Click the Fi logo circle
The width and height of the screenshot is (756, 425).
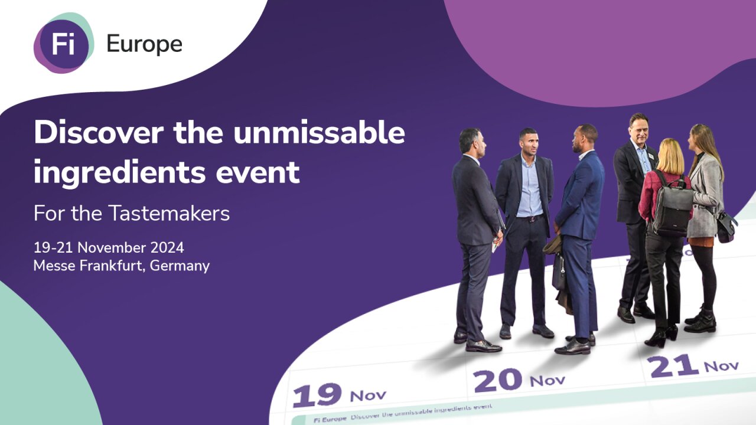click(x=64, y=43)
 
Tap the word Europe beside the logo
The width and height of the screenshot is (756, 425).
click(x=145, y=44)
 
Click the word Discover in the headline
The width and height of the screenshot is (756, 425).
click(x=99, y=133)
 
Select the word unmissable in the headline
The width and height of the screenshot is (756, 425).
click(x=319, y=133)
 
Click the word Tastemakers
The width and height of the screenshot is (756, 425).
click(x=169, y=213)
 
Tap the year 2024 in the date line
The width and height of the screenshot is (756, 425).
click(x=167, y=248)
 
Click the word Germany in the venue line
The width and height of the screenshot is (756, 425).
click(x=180, y=266)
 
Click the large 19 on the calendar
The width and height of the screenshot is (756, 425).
click(x=317, y=395)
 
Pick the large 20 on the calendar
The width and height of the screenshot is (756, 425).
click(x=497, y=381)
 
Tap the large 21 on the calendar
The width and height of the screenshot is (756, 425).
click(x=673, y=366)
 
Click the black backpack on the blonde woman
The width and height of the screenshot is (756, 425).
click(x=673, y=206)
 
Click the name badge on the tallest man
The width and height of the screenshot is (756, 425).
click(x=651, y=156)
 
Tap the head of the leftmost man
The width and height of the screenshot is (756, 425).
click(x=472, y=141)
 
